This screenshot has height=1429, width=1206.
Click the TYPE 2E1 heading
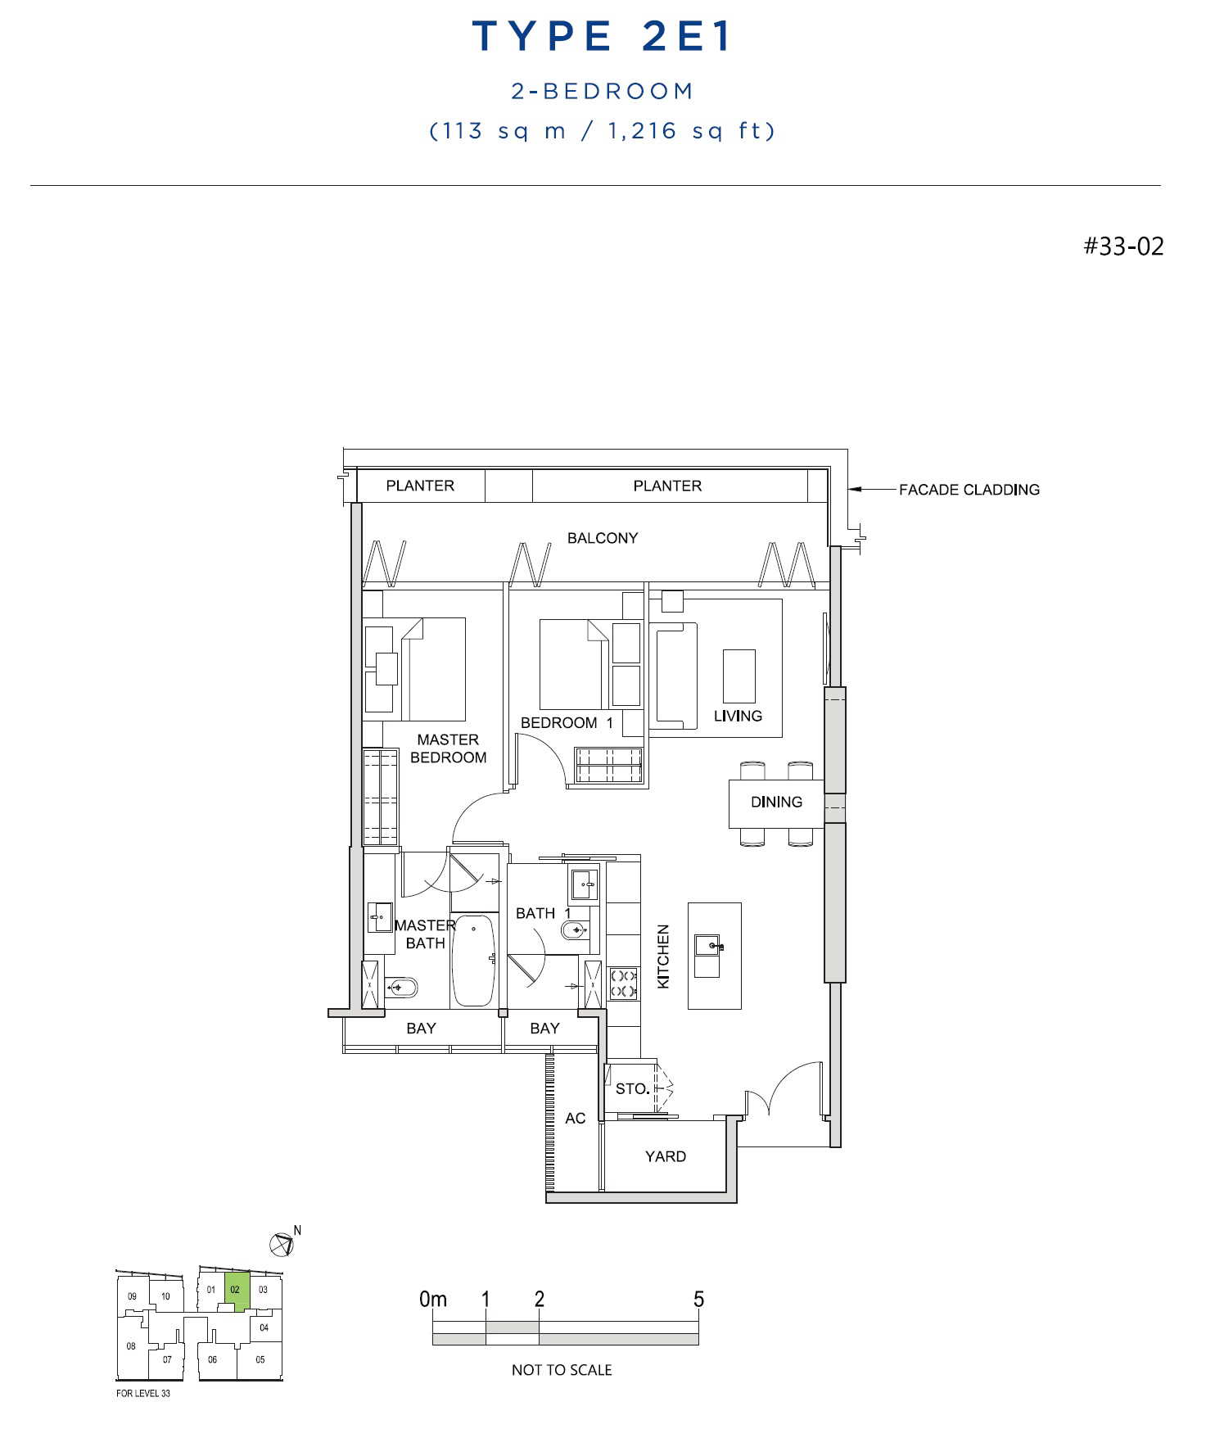(602, 37)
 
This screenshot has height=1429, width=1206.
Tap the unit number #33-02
(1123, 246)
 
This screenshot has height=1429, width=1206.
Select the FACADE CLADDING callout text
(969, 490)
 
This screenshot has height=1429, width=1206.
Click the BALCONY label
(603, 538)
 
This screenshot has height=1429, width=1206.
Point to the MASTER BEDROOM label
(448, 748)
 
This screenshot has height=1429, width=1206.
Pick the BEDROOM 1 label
(567, 723)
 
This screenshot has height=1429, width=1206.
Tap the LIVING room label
(738, 716)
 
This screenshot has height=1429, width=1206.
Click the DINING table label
(776, 802)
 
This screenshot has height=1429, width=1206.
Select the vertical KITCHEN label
(663, 956)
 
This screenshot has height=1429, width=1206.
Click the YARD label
(666, 1156)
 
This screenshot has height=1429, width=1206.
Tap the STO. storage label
(633, 1089)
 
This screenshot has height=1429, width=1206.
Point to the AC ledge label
(576, 1119)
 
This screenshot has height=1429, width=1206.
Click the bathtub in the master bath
(474, 961)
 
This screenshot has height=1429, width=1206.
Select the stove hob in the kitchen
(623, 983)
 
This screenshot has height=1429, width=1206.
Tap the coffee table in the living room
(739, 676)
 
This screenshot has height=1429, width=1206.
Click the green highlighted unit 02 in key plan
(236, 1291)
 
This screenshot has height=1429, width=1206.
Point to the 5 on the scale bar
(698, 1300)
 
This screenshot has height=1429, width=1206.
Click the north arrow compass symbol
(281, 1245)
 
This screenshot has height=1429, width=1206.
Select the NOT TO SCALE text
(562, 1370)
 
